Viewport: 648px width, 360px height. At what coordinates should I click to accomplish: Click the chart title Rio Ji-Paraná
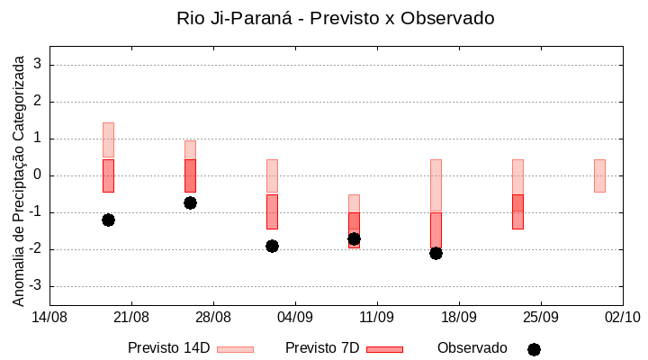pyautogui.click(x=335, y=18)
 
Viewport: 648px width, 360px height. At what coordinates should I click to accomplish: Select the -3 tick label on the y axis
pyautogui.click(x=35, y=286)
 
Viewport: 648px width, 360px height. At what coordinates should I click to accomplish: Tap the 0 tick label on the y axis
pyautogui.click(x=38, y=175)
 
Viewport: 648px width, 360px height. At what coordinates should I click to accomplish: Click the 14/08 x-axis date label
pyautogui.click(x=49, y=317)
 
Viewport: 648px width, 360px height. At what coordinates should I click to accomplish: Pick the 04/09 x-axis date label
pyautogui.click(x=294, y=317)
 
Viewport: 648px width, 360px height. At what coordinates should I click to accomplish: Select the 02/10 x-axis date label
pyautogui.click(x=622, y=317)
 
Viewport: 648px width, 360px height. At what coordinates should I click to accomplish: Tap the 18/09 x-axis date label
pyautogui.click(x=458, y=317)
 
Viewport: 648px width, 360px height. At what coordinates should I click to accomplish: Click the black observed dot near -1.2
pyautogui.click(x=108, y=220)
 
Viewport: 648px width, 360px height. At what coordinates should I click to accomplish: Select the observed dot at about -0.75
pyautogui.click(x=190, y=202)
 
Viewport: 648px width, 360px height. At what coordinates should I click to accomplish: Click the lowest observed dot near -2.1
pyautogui.click(x=436, y=253)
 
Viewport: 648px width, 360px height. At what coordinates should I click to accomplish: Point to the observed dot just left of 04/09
pyautogui.click(x=272, y=246)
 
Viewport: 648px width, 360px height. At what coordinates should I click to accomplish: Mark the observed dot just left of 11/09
pyautogui.click(x=354, y=238)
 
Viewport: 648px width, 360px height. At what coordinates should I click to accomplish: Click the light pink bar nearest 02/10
pyautogui.click(x=599, y=175)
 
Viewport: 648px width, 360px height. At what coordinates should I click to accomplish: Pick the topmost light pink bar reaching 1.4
pyautogui.click(x=108, y=139)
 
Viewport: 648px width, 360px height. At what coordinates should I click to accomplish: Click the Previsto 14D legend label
pyautogui.click(x=169, y=348)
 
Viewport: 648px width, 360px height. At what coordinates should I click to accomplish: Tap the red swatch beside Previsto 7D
pyautogui.click(x=385, y=348)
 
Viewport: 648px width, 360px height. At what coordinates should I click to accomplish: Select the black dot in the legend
pyautogui.click(x=534, y=349)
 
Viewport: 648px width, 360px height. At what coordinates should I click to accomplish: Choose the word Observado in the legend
pyautogui.click(x=472, y=348)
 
